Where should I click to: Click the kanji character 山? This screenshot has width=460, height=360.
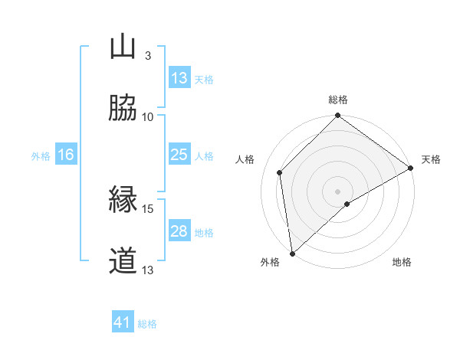pos(123,47)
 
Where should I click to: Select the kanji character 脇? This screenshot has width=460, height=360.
pos(123,108)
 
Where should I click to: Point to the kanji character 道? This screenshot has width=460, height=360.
pos(123,261)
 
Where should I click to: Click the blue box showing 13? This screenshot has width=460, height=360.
pos(179,78)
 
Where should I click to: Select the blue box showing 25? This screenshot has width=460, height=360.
pos(179,155)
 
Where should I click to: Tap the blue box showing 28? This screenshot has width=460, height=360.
pos(179,231)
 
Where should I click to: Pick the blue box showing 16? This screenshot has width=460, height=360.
pos(66,155)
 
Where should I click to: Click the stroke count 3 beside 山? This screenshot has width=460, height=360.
pos(147,56)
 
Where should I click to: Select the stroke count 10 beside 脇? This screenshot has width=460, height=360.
pos(148,117)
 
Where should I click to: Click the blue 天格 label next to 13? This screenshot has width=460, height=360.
pos(204,79)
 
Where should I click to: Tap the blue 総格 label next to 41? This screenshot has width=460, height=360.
pos(147,324)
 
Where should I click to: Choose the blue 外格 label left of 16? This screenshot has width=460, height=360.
pos(41,155)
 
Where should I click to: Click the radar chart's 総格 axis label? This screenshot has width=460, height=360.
pos(338,100)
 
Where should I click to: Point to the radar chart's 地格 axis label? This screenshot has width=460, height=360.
pos(402,262)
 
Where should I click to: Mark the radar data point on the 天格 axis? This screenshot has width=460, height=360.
pos(411,169)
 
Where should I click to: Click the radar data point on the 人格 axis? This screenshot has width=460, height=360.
pos(280,172)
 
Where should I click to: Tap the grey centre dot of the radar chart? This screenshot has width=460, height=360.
pos(338,191)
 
